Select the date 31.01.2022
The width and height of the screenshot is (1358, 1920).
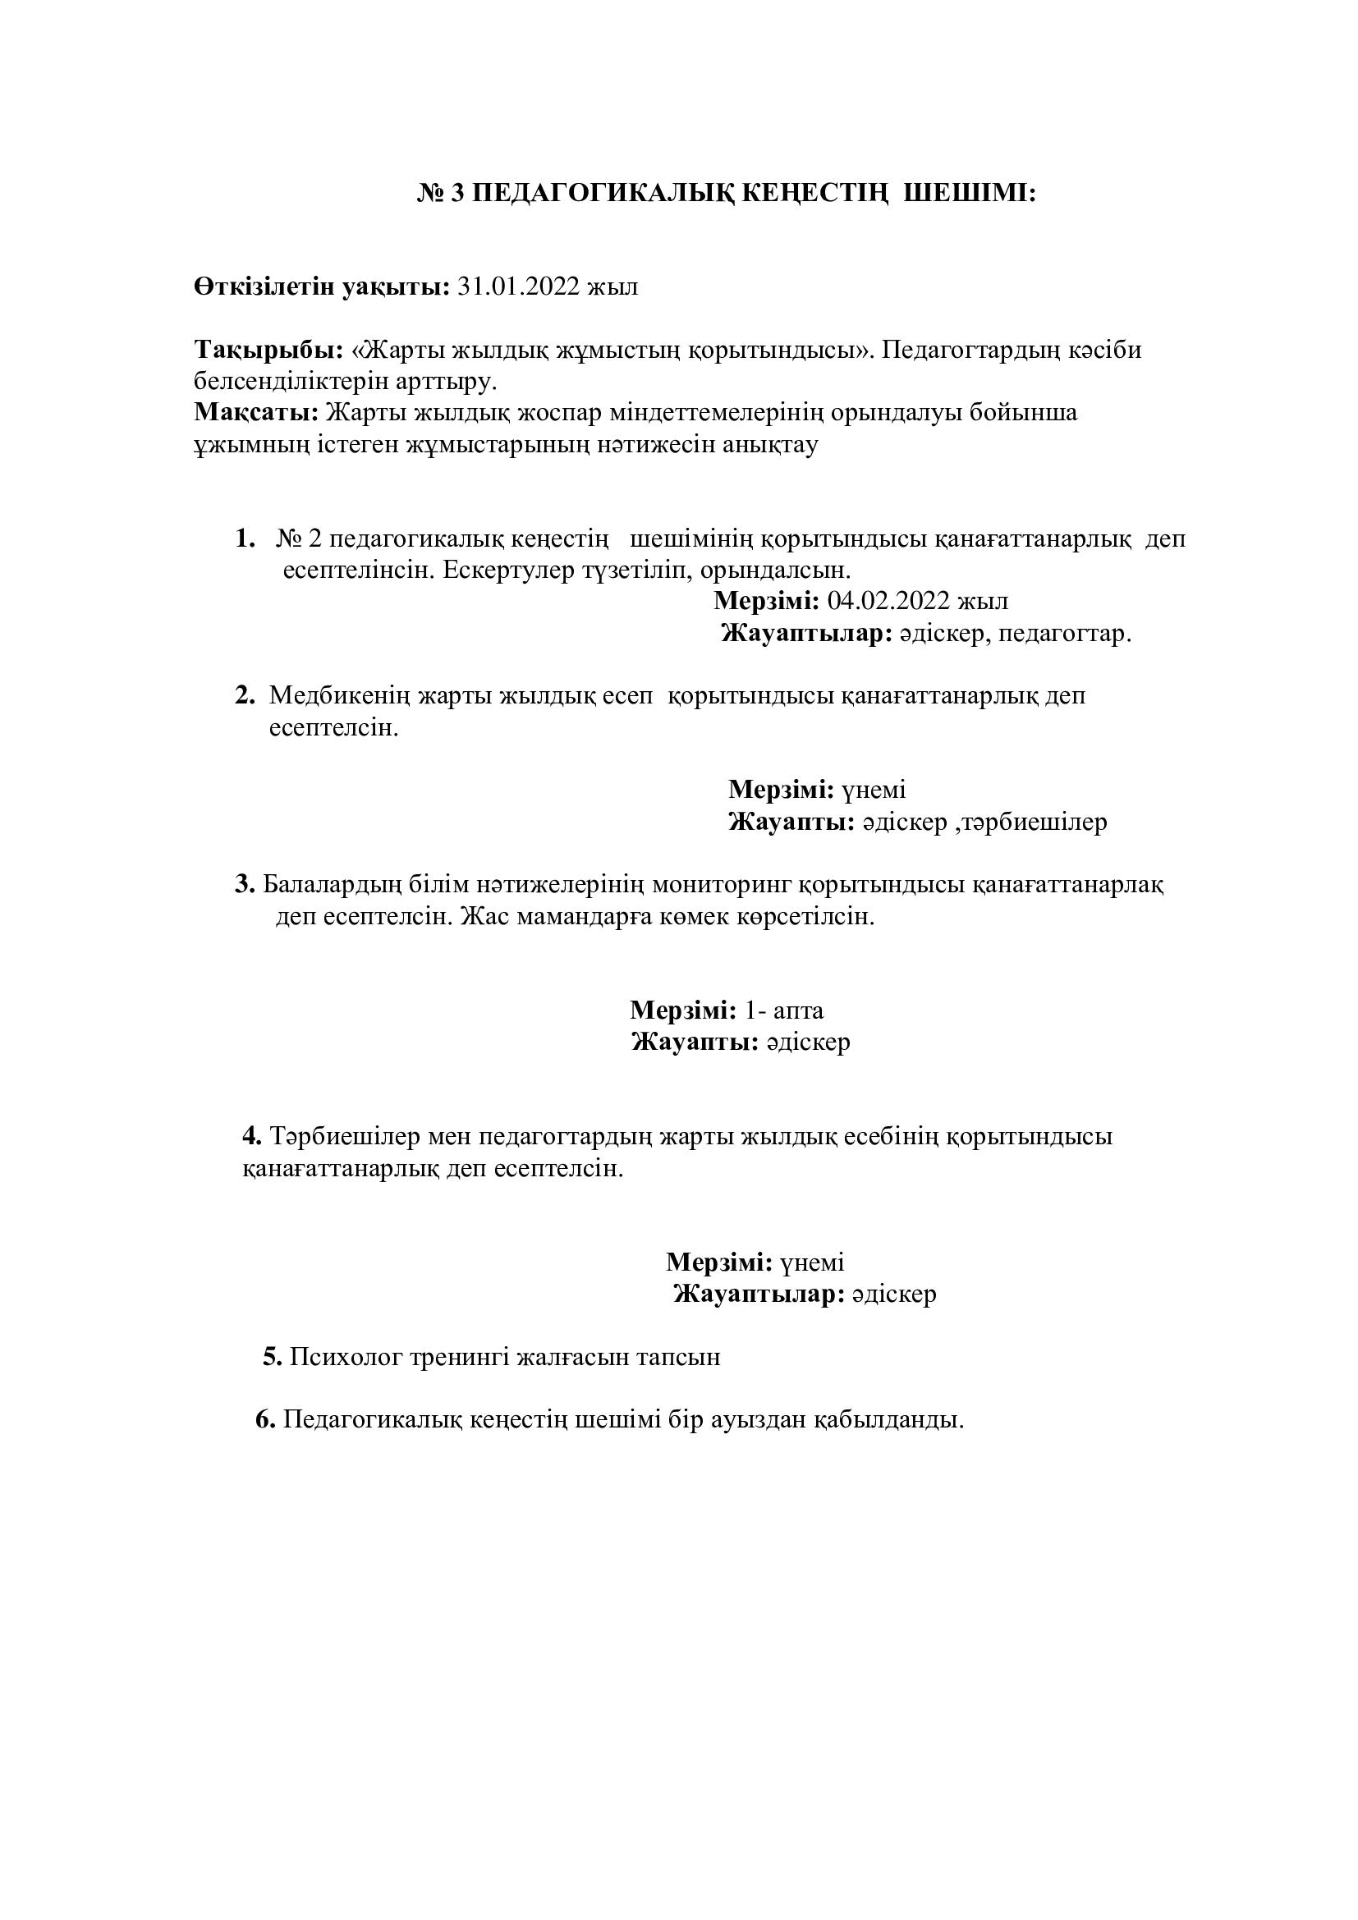point(518,286)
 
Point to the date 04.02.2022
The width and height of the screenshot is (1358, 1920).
point(888,601)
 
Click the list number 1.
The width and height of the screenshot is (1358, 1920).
point(245,539)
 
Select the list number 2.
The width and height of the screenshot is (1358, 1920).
point(245,695)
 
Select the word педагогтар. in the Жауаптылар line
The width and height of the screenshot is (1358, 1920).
point(1066,634)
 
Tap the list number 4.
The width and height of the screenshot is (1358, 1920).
point(253,1136)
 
